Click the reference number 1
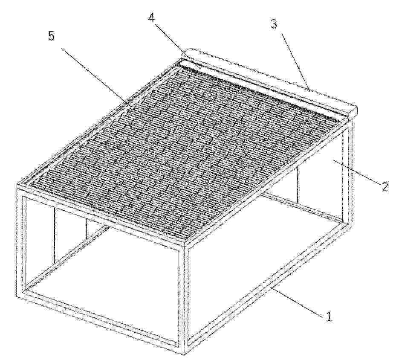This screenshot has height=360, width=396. pyautogui.click(x=329, y=316)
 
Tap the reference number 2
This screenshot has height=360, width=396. pyautogui.click(x=384, y=186)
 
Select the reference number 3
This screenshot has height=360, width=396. pyautogui.click(x=274, y=24)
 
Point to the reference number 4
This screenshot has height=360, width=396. pyautogui.click(x=151, y=17)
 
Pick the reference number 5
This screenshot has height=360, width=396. pyautogui.click(x=51, y=36)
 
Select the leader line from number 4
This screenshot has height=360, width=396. pyautogui.click(x=177, y=46)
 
